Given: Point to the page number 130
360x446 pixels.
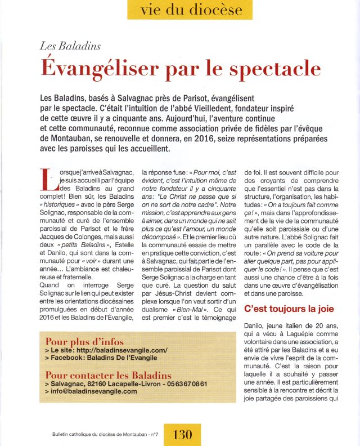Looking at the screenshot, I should click(183, 434).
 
